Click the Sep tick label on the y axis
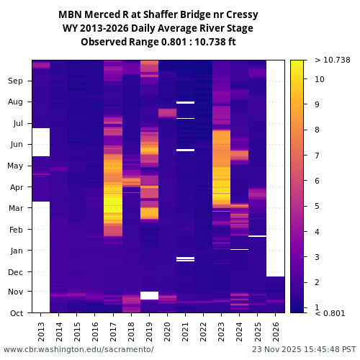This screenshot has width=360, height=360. (x=16, y=81)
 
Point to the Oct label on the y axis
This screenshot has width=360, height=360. (x=16, y=313)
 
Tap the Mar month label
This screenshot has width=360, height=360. (x=16, y=208)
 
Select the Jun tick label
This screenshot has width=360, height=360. (x=16, y=144)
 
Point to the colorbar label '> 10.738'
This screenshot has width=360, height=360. (x=332, y=60)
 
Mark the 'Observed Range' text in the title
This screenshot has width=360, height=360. (x=115, y=42)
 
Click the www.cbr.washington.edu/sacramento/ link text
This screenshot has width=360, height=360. (x=78, y=349)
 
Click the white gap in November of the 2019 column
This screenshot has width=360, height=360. (x=149, y=295)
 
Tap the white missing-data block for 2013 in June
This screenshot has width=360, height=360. (x=41, y=142)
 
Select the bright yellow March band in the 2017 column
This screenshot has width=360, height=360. (x=113, y=213)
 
